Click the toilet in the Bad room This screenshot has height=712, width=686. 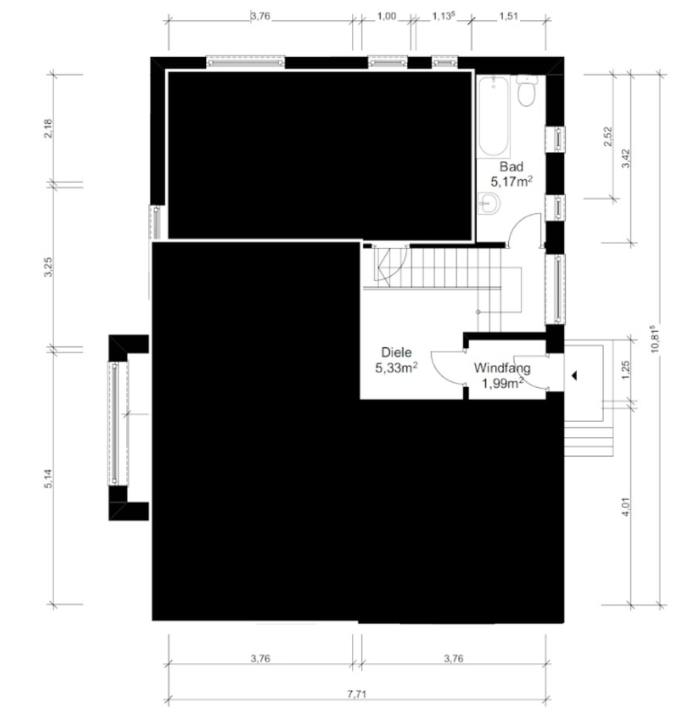click(526, 90)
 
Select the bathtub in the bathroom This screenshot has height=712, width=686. click(493, 116)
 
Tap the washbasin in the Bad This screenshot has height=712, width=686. click(489, 203)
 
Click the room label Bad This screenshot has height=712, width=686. click(511, 167)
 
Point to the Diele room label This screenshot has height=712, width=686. click(396, 352)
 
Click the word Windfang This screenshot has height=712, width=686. click(502, 368)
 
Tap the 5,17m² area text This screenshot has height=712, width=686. click(511, 182)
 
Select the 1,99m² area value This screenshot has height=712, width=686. click(502, 383)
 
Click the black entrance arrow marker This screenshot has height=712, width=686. click(574, 375)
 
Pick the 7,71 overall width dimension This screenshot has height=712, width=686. click(356, 694)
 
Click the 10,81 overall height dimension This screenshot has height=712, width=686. click(654, 339)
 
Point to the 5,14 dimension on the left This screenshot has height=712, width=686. click(49, 478)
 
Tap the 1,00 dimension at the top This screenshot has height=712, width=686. click(387, 16)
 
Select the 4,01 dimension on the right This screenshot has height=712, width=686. click(626, 507)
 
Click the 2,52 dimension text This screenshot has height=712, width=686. click(608, 136)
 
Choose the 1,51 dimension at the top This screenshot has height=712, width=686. click(509, 16)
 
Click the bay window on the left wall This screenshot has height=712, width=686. click(118, 423)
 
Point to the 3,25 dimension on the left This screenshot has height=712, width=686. click(49, 267)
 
